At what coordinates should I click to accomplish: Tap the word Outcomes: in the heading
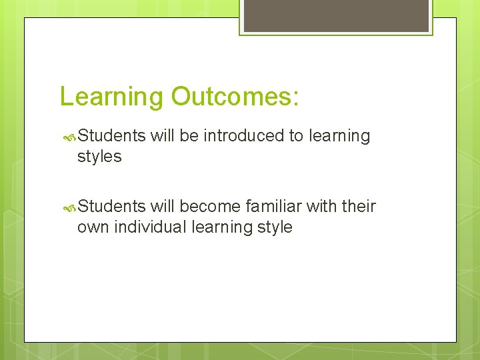tap(235, 96)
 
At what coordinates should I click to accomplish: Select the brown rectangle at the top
tap(335, 15)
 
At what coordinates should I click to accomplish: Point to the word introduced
tap(243, 136)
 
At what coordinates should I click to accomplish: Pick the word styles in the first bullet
tap(99, 157)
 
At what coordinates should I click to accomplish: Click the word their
tap(359, 207)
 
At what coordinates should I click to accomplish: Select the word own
tap(93, 228)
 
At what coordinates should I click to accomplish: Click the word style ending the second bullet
tap(275, 227)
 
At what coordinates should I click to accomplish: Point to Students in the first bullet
tap(112, 136)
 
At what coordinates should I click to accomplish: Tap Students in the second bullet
tap(112, 207)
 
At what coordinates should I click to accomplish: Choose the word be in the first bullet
tap(189, 136)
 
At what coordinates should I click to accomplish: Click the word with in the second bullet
tap(321, 207)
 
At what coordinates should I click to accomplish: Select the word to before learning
tap(295, 136)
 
